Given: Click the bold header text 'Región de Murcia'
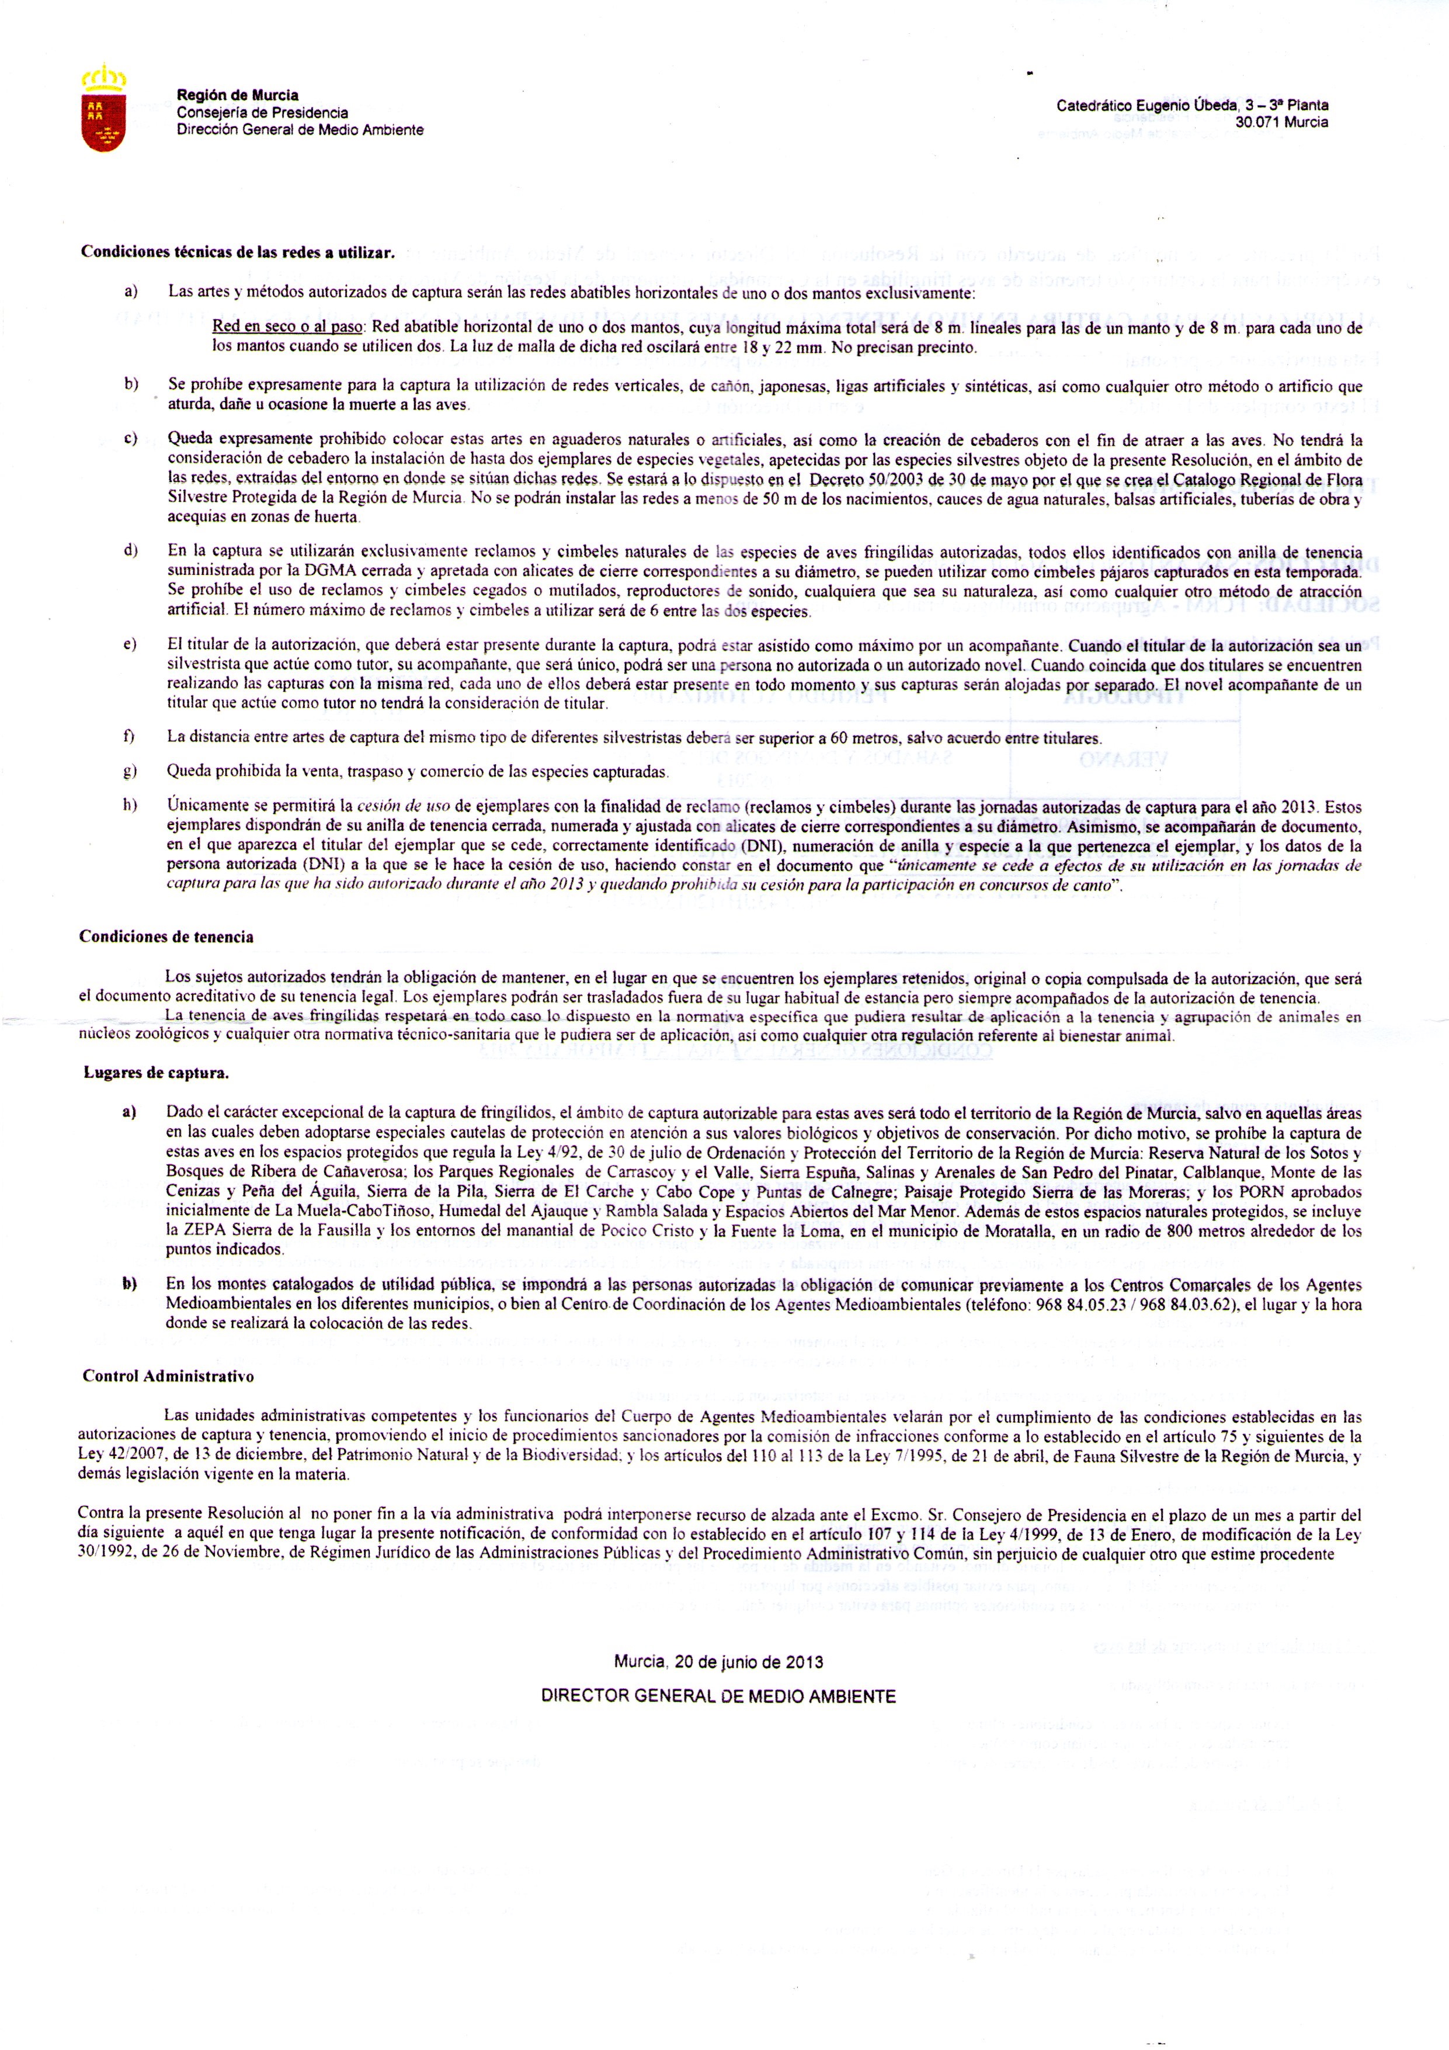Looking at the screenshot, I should pos(238,96).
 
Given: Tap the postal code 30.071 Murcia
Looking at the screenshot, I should pos(1282,122).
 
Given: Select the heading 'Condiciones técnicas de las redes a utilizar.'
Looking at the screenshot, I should pos(238,253).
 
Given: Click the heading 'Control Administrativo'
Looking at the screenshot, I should pos(168,1376).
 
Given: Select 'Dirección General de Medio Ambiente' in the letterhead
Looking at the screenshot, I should pos(300,130).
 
